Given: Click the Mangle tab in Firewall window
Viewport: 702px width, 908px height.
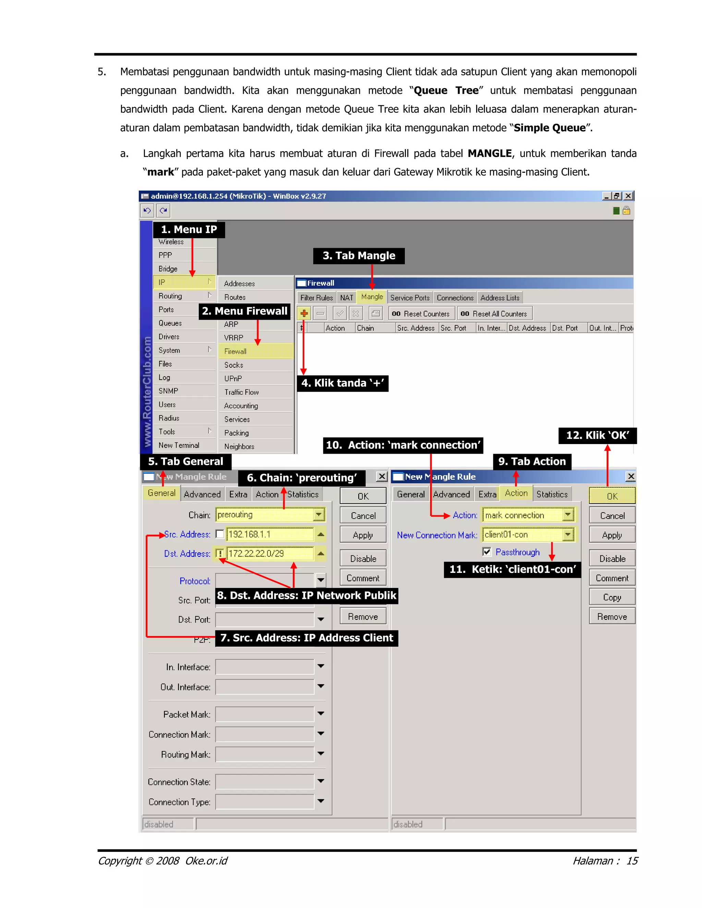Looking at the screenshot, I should coord(372,297).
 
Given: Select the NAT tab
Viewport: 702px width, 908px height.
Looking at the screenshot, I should coord(347,298).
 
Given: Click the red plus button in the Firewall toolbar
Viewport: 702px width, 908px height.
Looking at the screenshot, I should coord(304,314).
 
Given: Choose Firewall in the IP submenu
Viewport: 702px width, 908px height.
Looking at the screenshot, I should coord(235,351).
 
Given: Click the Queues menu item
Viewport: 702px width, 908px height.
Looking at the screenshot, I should coord(170,323).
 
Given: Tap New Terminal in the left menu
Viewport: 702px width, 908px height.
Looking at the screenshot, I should coord(179,445).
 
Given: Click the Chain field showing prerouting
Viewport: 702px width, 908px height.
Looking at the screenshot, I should coord(265,515).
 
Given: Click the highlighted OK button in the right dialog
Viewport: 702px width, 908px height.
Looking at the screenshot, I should coord(612,496).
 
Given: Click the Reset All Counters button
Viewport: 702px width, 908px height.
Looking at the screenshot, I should coord(495,314).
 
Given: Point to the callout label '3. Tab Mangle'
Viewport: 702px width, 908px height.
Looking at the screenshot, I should coord(359,256).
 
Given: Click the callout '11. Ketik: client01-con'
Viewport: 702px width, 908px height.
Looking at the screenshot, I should coord(512,569).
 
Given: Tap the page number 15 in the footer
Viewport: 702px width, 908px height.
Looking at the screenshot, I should coord(632,861).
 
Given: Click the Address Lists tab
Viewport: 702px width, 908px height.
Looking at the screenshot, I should coord(499,298).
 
